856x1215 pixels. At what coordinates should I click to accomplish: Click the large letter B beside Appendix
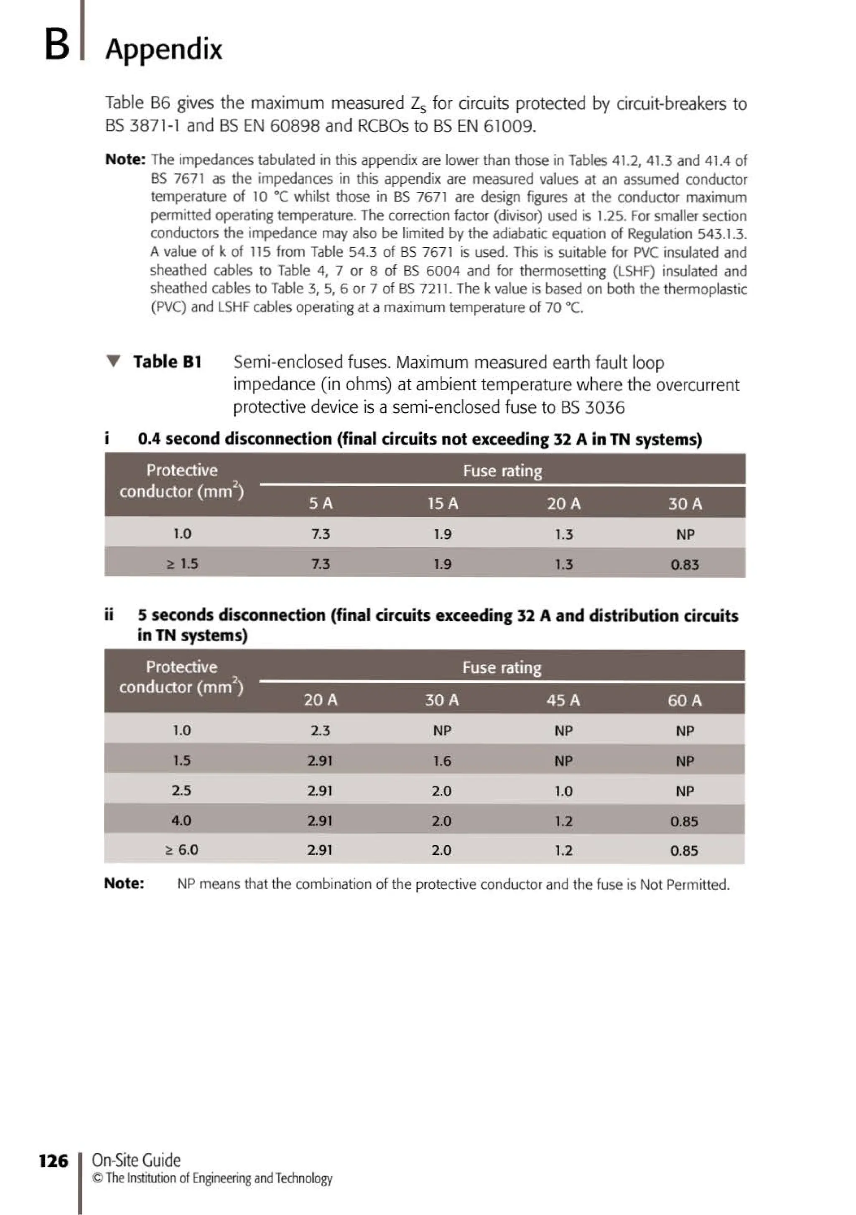point(57,44)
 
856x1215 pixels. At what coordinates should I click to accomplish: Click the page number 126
point(53,1161)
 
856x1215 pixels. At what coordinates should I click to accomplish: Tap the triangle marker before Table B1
point(113,361)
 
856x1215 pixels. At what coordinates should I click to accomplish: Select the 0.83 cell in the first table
point(685,564)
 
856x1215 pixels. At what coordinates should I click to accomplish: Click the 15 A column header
point(443,503)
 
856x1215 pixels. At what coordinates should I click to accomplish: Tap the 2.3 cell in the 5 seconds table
point(320,730)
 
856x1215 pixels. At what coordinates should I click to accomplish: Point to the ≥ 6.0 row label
point(181,850)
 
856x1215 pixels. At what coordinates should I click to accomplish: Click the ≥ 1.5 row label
point(182,564)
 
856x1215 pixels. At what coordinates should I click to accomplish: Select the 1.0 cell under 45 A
point(563,791)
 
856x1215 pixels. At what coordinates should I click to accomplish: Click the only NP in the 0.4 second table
point(685,534)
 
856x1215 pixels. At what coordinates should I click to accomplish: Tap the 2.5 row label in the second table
point(181,790)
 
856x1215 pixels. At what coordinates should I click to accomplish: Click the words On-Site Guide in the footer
point(136,1160)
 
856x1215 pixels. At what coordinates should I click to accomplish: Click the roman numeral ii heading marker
point(109,614)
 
